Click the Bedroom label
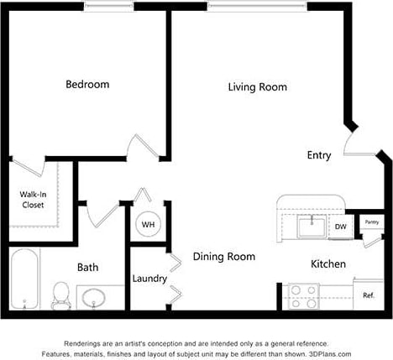coord(88,84)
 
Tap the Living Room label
coord(258,86)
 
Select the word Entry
coord(319,155)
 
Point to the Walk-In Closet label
coord(33,199)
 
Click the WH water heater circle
coord(148,225)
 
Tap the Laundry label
coord(149,279)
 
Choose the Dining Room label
coord(224,257)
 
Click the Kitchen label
coord(328,263)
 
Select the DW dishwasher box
coord(341,227)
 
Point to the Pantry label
coord(371,222)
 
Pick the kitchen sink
coord(312,226)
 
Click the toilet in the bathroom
coord(60,295)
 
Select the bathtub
coord(25,280)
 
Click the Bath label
coord(88,268)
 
